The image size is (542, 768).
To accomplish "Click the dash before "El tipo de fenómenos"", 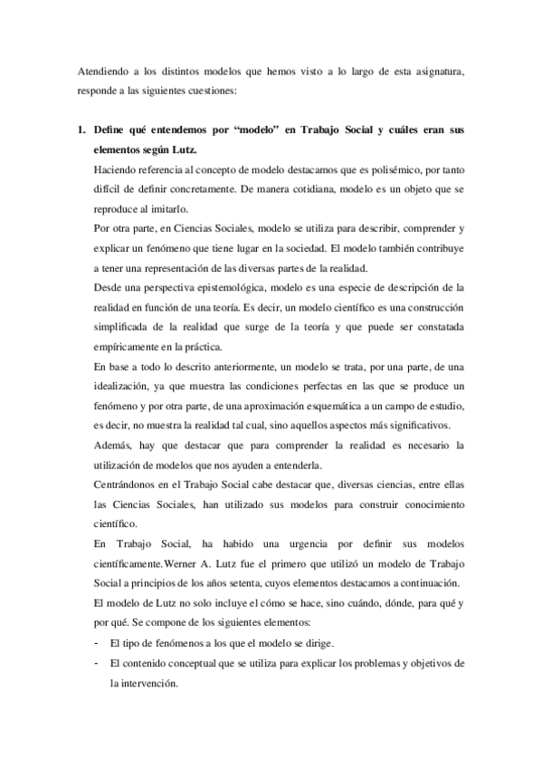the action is (97, 643).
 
